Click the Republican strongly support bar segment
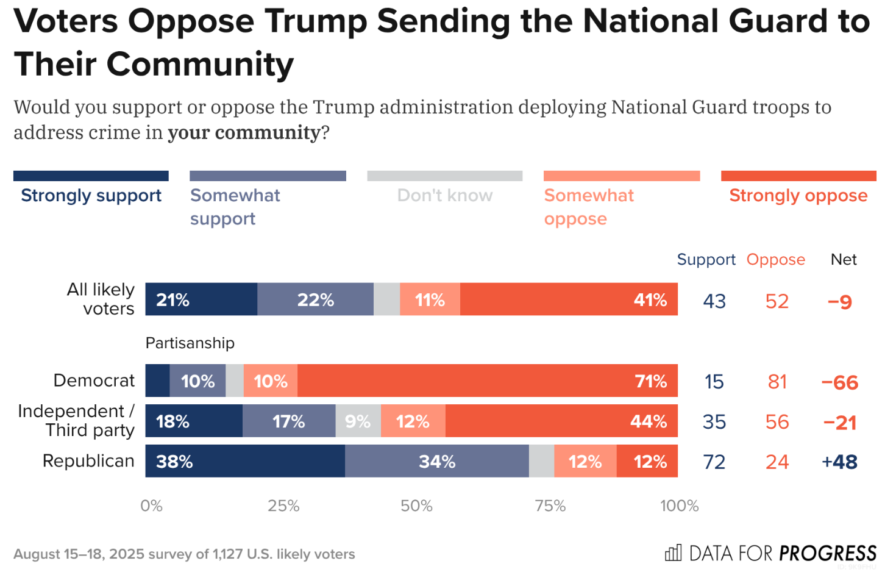click(245, 461)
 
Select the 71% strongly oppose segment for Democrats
click(488, 381)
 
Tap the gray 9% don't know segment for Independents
click(358, 421)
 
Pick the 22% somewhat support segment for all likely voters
click(315, 299)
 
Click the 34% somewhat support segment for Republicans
click(436, 461)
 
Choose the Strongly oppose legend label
click(798, 196)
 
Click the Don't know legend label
click(445, 196)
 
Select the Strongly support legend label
click(91, 196)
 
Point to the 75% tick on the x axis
click(550, 506)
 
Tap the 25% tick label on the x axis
click(283, 506)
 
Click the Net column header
click(844, 259)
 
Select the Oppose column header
click(776, 259)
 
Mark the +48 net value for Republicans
click(839, 462)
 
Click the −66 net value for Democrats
click(839, 382)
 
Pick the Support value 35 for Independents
click(714, 421)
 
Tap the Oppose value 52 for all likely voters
click(777, 301)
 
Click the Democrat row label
click(94, 381)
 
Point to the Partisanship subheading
click(190, 343)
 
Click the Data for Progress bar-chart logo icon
click(673, 553)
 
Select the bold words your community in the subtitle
click(243, 132)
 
